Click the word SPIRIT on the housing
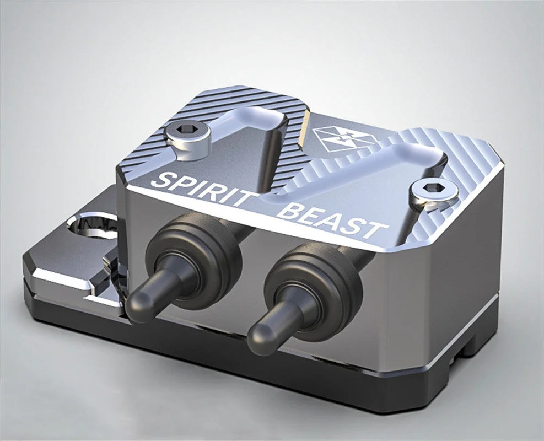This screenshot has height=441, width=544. coord(203,187)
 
